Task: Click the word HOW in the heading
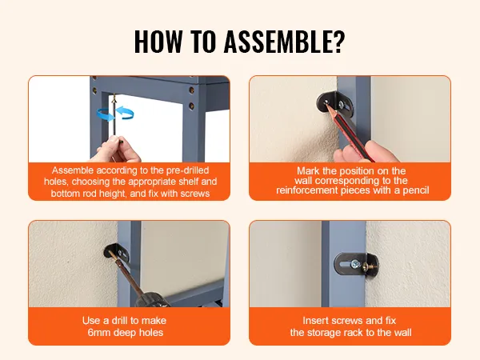point(158,42)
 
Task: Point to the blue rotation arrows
point(115,114)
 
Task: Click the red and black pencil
point(349,132)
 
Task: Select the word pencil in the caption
point(416,190)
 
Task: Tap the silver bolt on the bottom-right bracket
point(354,264)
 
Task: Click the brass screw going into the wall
point(369,267)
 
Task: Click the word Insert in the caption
point(314,321)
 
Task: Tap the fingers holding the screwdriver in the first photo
point(118,150)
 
